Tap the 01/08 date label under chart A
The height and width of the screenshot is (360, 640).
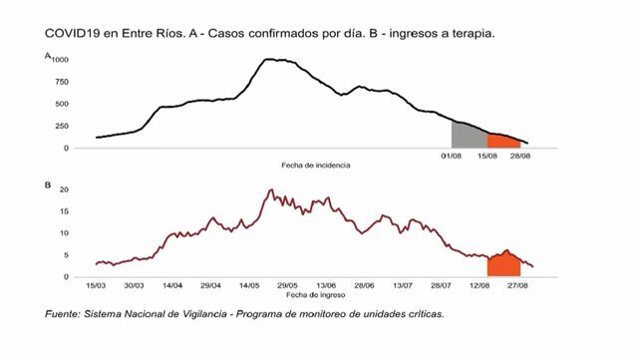coord(452,156)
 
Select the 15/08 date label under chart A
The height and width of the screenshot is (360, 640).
coord(487,156)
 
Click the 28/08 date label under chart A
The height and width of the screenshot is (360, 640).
coord(520,156)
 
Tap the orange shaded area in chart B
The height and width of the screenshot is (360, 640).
coord(503,266)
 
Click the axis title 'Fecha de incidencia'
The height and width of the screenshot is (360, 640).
coord(316,166)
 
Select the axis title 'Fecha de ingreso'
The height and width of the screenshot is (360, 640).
coord(315,295)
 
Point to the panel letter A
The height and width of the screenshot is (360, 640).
coord(47,56)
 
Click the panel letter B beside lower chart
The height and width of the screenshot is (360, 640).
coord(47,185)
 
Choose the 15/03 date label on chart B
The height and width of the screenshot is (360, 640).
coord(97,285)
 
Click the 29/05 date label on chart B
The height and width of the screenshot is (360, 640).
coord(287,285)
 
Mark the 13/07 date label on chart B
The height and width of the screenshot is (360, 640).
coord(404,285)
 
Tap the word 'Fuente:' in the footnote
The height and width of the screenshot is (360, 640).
coord(65,314)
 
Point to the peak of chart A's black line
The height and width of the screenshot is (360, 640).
coord(271,60)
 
